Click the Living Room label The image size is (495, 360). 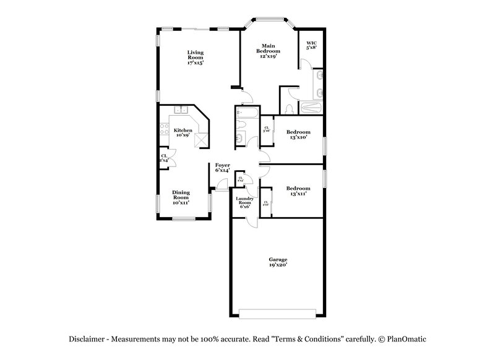pos(196,58)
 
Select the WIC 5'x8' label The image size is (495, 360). pos(311,45)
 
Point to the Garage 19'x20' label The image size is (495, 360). pos(277,262)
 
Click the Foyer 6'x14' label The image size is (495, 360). pos(223,168)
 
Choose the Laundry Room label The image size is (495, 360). pos(244,202)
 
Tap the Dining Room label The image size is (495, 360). pos(181,197)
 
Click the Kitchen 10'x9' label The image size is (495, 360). pos(183,132)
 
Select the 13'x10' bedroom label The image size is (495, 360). pos(298,135)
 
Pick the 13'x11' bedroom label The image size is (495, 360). pos(298,191)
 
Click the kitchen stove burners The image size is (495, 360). pos(164,130)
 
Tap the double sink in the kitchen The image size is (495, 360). pos(181,111)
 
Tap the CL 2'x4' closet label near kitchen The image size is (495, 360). pos(164,158)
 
